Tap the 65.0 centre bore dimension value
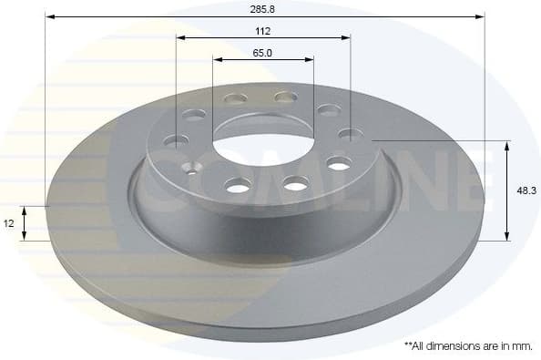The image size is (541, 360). (262, 52)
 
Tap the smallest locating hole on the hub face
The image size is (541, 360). (191, 167)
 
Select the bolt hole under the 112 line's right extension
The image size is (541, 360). (350, 135)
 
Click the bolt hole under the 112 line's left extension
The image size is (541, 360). (177, 140)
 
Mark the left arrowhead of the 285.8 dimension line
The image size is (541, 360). (49, 16)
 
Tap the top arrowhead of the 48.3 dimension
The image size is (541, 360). (507, 145)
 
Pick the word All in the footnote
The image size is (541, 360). (420, 346)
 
